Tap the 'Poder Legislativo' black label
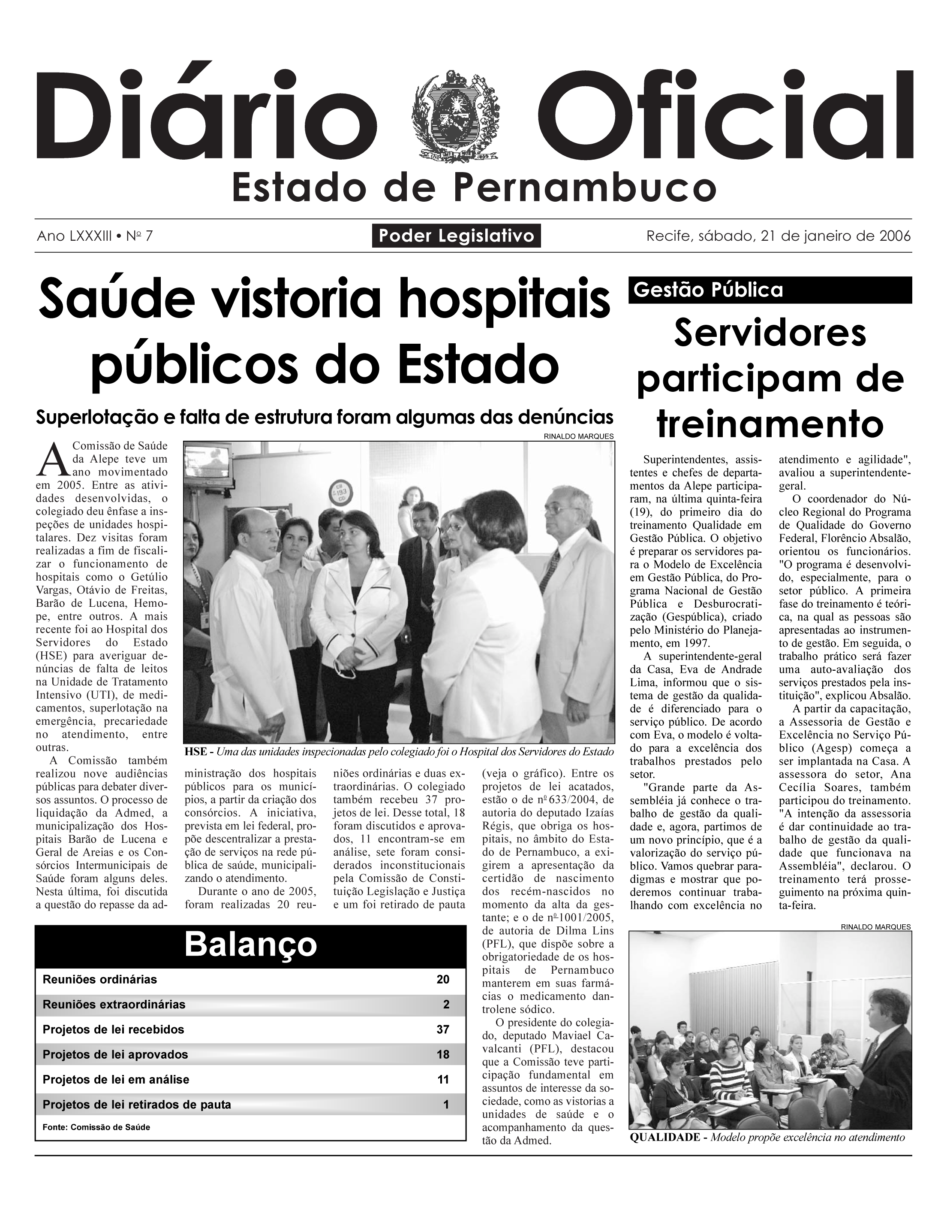point(456,236)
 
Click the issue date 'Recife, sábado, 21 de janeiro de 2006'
point(779,236)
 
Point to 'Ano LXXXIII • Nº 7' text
point(95,236)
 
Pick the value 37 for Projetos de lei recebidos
point(442,1029)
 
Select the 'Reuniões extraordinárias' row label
point(114,1004)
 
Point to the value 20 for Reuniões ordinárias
point(442,979)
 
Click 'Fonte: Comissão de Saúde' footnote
point(96,1127)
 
